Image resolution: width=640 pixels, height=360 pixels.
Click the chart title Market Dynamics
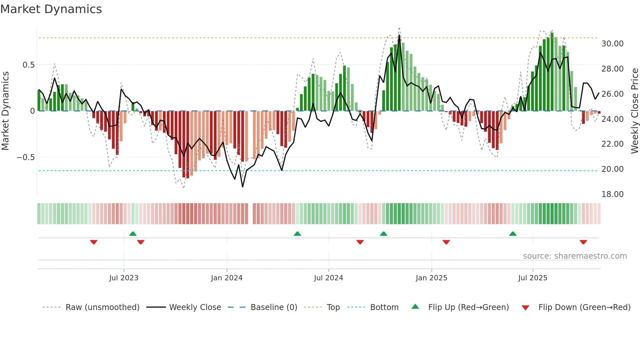pyautogui.click(x=51, y=9)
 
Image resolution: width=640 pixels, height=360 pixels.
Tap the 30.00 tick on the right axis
pyautogui.click(x=612, y=44)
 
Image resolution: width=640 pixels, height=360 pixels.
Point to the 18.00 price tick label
pyautogui.click(x=612, y=194)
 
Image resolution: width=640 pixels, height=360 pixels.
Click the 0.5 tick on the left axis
pyautogui.click(x=28, y=65)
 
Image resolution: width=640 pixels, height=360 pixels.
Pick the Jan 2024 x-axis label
pyautogui.click(x=227, y=278)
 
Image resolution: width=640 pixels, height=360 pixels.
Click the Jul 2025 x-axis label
pyautogui.click(x=533, y=278)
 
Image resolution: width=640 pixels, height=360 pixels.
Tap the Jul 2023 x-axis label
pyautogui.click(x=124, y=278)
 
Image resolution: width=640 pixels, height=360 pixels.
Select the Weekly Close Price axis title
pyautogui.click(x=634, y=111)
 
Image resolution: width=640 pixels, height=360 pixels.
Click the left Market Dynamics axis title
pyautogui.click(x=5, y=111)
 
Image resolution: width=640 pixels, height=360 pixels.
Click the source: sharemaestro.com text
pyautogui.click(x=575, y=256)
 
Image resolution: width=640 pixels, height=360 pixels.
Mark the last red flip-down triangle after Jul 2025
pyautogui.click(x=583, y=242)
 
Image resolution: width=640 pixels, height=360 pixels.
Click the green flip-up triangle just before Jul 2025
pyautogui.click(x=513, y=234)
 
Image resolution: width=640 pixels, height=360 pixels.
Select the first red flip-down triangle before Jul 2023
pyautogui.click(x=94, y=242)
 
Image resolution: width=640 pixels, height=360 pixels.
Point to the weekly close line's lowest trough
pyautogui.click(x=243, y=187)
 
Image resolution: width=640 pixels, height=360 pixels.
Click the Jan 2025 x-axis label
pyautogui.click(x=431, y=278)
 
